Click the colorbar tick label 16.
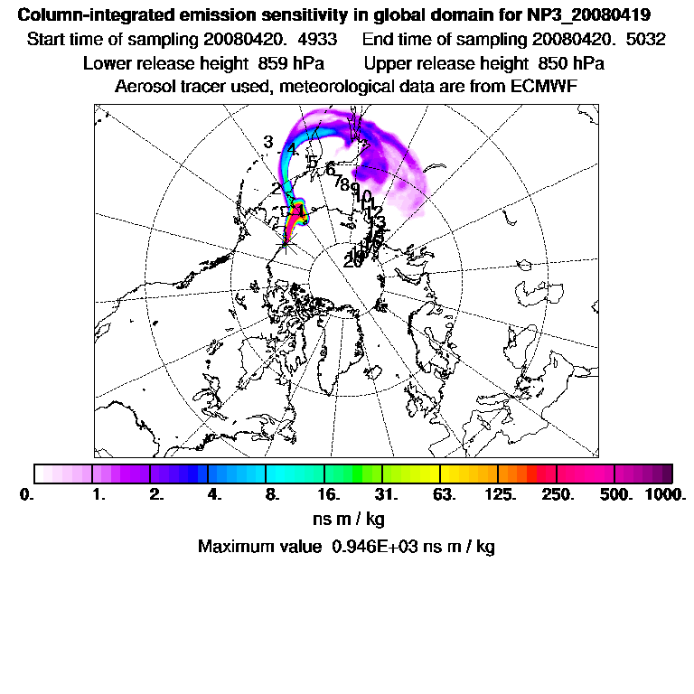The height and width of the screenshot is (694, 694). coord(328,495)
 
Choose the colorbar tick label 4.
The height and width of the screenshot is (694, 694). coord(214,495)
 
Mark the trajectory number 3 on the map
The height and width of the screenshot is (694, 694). coord(268,142)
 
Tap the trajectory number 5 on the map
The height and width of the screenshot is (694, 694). coord(312,161)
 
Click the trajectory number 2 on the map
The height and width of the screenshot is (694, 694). coord(276,188)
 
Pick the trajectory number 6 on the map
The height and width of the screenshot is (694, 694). coord(330,169)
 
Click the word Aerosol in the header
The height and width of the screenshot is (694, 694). coord(144,87)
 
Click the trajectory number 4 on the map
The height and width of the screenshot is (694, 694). coord(291,149)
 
